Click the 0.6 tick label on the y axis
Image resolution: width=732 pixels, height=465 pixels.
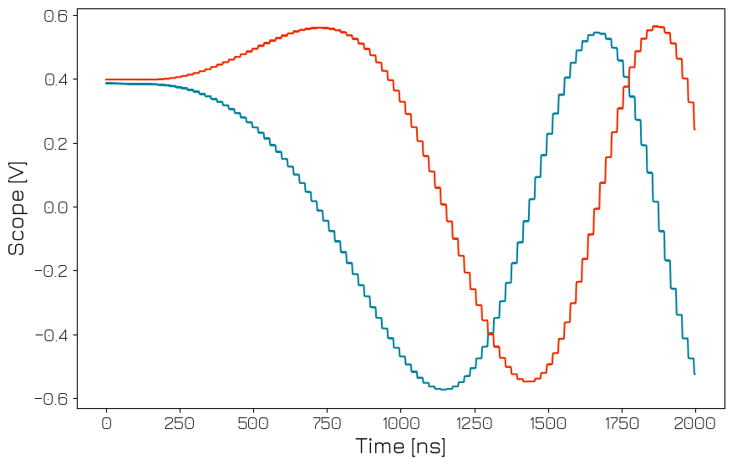[x=55, y=16]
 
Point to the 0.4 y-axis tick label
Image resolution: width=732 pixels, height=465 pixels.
[x=55, y=79]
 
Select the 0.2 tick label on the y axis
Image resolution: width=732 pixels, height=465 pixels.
[x=55, y=144]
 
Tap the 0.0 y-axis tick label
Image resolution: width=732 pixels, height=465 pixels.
[x=55, y=207]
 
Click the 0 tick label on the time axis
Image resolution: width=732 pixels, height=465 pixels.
[x=106, y=423]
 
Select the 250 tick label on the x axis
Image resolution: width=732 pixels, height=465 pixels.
[x=180, y=423]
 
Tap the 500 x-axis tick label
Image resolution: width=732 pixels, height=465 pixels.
[x=253, y=423]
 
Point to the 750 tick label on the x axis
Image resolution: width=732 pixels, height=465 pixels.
[x=327, y=423]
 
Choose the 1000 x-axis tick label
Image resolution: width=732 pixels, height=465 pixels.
[x=400, y=423]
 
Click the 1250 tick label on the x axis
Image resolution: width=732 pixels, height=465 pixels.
[x=474, y=423]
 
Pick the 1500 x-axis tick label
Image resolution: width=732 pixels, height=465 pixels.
[x=547, y=423]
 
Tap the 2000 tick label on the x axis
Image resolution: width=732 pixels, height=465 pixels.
[x=694, y=423]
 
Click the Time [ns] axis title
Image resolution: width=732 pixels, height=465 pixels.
[x=400, y=446]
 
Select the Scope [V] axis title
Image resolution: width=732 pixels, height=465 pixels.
[x=17, y=207]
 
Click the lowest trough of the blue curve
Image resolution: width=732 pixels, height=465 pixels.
[x=445, y=390]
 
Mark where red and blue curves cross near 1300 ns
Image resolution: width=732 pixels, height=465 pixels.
[x=490, y=334]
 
